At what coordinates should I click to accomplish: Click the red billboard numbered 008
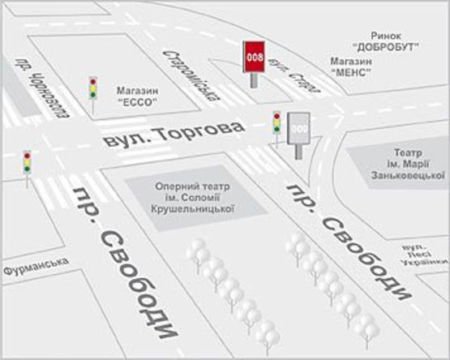(255, 57)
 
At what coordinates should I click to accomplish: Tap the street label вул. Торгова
(174, 134)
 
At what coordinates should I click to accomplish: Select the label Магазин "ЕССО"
(135, 96)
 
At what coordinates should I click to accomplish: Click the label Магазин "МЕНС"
(351, 67)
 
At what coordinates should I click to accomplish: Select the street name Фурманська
(36, 266)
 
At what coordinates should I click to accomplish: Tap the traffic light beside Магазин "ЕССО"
(92, 87)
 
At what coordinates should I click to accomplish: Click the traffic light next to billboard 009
(276, 122)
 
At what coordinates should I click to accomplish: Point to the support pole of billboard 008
(255, 80)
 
